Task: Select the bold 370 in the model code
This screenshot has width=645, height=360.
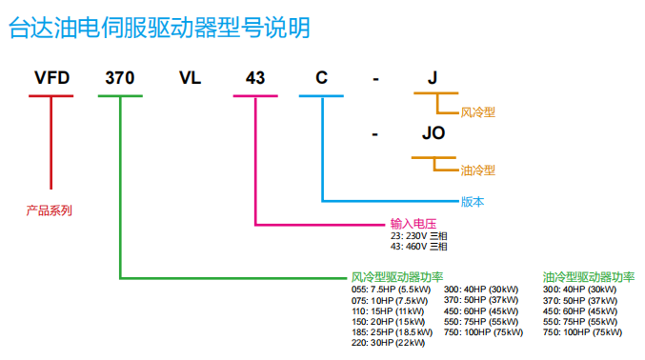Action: [120, 78]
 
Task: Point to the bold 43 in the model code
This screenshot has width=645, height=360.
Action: [255, 78]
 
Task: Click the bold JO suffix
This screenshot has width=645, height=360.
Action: [433, 134]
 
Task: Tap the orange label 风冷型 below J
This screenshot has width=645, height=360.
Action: [478, 112]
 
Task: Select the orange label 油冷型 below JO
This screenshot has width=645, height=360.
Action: [478, 170]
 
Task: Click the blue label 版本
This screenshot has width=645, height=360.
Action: [473, 201]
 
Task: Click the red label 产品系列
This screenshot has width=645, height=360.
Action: [50, 210]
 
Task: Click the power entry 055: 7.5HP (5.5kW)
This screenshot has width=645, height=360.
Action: [392, 289]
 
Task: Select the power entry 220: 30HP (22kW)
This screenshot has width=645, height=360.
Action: [389, 342]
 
